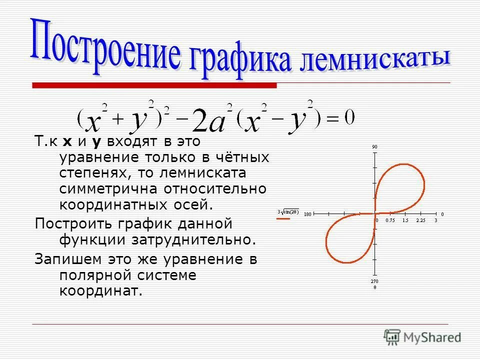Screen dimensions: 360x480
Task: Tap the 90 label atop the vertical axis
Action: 374,146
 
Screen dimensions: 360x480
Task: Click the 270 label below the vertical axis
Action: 374,281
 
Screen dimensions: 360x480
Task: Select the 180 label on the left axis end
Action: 307,214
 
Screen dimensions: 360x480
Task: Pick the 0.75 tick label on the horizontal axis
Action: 390,220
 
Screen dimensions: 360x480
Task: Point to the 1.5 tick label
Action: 405,220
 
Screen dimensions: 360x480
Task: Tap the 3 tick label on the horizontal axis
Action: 435,220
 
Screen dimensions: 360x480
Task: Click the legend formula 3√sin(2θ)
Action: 288,211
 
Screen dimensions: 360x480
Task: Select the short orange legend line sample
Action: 283,218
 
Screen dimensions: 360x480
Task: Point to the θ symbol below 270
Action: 374,287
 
